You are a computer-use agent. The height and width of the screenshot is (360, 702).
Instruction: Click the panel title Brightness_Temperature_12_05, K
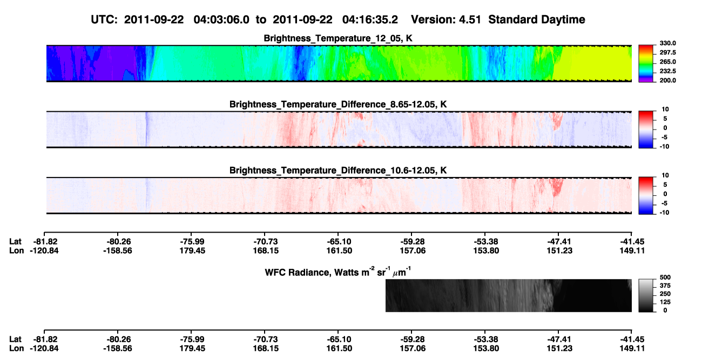[338, 38]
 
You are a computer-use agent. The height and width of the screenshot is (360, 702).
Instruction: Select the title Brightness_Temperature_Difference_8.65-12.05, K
[338, 104]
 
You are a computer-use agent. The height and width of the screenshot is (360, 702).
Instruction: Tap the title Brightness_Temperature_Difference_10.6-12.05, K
[338, 171]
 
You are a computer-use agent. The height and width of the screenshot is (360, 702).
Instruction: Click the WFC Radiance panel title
[338, 272]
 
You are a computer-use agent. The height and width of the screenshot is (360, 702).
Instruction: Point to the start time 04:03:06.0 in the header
[221, 20]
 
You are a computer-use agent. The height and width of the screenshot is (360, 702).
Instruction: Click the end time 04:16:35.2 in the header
[370, 20]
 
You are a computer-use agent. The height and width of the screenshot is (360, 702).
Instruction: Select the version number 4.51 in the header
[470, 20]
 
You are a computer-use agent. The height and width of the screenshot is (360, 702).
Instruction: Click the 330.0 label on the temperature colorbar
[667, 43]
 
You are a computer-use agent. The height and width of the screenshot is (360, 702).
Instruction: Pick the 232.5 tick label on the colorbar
[667, 71]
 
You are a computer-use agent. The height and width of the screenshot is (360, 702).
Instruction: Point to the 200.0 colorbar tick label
[667, 80]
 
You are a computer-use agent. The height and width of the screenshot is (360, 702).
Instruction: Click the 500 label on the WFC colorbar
[665, 277]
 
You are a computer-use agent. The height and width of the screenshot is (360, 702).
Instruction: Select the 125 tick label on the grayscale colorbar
[665, 302]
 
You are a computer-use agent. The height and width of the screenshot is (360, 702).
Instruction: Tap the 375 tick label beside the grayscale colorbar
[665, 286]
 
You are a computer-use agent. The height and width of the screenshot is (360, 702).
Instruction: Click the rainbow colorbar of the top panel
[646, 64]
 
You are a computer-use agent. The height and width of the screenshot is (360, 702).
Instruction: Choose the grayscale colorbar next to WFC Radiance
[646, 295]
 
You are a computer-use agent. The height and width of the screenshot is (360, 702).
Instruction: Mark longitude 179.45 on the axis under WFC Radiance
[192, 349]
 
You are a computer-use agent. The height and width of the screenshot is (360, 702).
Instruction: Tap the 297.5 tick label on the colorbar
[667, 53]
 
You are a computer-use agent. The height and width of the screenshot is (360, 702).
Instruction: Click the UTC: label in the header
[104, 20]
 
